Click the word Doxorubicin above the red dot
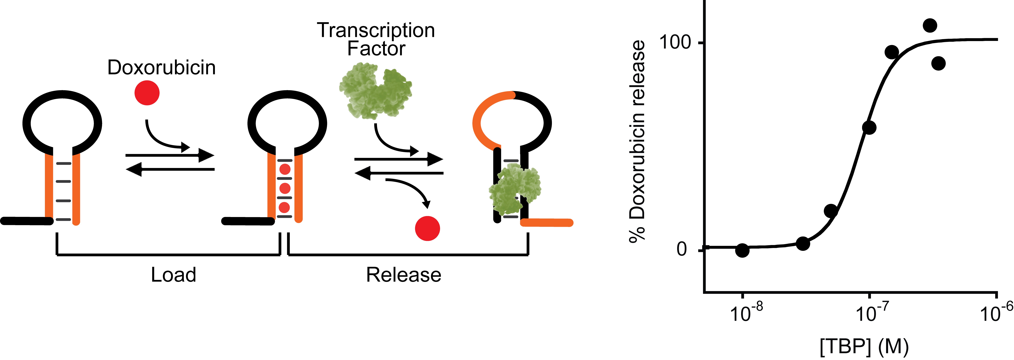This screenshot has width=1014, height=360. click(x=161, y=68)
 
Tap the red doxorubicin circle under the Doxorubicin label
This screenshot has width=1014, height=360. click(x=147, y=93)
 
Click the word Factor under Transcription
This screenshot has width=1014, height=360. click(x=376, y=49)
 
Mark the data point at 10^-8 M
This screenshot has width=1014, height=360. click(x=742, y=250)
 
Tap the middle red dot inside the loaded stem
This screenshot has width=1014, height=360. click(x=285, y=188)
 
